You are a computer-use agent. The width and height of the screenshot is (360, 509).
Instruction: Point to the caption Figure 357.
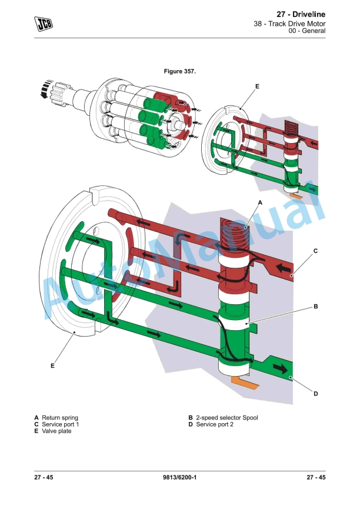pos(179,71)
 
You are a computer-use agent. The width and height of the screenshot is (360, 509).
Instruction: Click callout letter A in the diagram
pos(259,201)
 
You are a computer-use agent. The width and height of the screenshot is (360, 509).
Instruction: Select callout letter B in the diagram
pos(315,307)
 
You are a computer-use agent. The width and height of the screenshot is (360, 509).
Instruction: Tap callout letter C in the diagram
pos(315,251)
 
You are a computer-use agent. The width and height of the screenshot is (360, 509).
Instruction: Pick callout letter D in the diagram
pos(315,394)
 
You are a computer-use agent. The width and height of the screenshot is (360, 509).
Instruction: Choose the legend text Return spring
pos(59,418)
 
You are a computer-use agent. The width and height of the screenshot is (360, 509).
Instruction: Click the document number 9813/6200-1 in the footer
pos(179,477)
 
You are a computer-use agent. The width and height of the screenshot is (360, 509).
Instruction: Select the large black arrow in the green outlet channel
pos(282,369)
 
